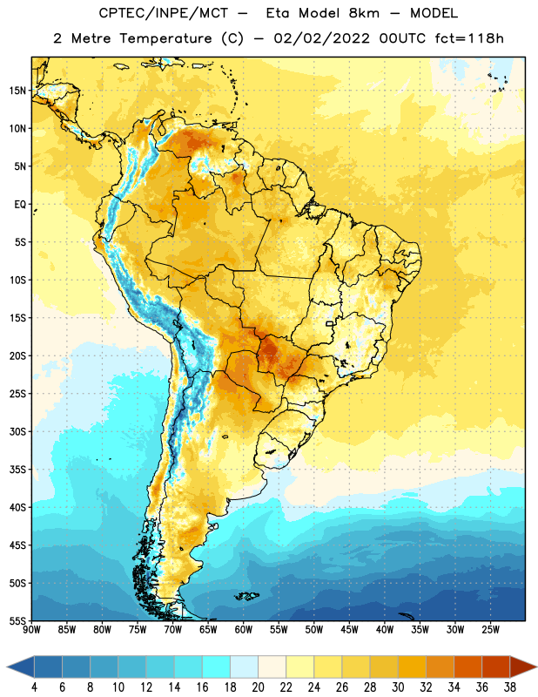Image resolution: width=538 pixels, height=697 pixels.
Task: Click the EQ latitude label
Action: (x=20, y=205)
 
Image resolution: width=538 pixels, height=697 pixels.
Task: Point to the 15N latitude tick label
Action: (x=17, y=91)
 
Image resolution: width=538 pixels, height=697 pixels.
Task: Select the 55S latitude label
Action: (x=17, y=620)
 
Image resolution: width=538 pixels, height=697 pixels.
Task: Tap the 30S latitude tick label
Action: (x=17, y=431)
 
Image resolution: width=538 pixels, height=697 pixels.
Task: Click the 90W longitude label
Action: (x=31, y=630)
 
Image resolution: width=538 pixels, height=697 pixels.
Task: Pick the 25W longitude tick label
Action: (x=490, y=630)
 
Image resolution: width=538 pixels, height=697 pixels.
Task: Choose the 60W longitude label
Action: (x=244, y=630)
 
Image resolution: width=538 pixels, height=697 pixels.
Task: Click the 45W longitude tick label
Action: (x=350, y=630)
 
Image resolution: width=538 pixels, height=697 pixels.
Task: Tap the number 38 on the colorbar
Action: (x=510, y=687)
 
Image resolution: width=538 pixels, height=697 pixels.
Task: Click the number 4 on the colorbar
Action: (x=34, y=687)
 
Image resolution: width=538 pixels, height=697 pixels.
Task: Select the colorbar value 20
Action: (x=258, y=687)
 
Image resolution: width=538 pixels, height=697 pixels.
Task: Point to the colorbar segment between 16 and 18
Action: (x=217, y=667)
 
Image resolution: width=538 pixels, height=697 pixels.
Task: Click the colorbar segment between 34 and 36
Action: (x=467, y=667)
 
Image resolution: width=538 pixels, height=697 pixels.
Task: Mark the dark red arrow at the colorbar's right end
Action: (x=523, y=667)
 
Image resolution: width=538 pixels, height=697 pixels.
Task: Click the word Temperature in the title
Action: (x=165, y=38)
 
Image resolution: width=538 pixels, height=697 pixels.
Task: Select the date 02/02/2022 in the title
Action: (x=321, y=38)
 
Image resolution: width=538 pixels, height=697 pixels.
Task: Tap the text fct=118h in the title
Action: (x=469, y=38)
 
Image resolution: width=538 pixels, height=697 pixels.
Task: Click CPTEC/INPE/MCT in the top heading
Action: (x=164, y=13)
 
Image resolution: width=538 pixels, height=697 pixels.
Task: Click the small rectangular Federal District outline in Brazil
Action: (x=330, y=324)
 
